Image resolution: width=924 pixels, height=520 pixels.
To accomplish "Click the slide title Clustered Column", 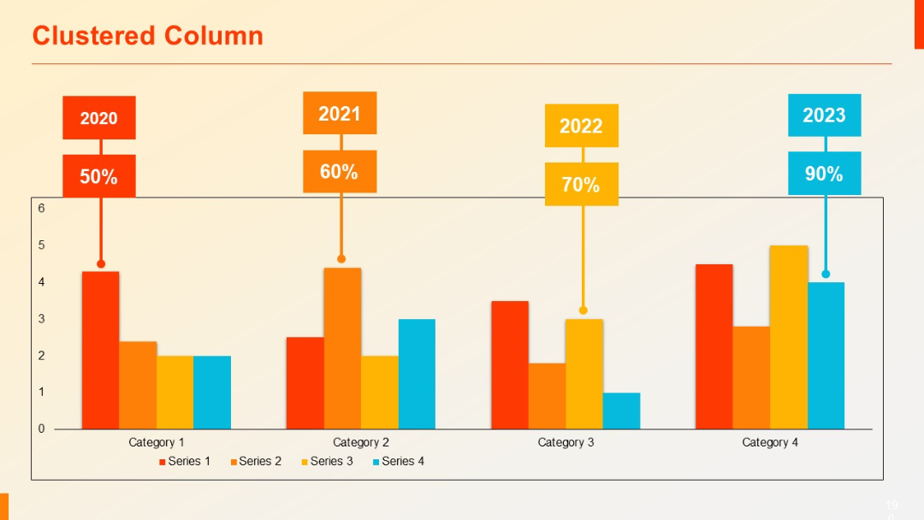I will pos(147,36).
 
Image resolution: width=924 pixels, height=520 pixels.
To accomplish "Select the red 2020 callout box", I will pos(99,118).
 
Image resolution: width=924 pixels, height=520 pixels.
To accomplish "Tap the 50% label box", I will pos(99,176).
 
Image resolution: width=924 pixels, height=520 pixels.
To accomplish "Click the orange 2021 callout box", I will pos(340,114).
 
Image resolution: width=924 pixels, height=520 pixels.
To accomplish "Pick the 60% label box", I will pos(340,171).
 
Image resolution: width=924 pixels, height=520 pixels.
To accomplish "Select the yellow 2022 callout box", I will pos(582,126).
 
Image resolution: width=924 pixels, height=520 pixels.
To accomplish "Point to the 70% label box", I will pos(582,184).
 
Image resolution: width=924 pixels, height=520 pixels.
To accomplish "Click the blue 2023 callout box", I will pos(824,115).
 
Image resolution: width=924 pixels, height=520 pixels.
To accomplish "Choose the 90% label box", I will pos(824,174).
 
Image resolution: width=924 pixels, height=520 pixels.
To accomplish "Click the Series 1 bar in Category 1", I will pos(100,351).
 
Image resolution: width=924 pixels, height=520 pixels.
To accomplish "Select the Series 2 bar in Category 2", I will pos(342,348).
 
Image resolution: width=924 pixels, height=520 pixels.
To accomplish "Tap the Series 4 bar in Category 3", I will pos(621,411).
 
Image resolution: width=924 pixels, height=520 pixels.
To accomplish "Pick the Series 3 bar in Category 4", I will pos(789,337).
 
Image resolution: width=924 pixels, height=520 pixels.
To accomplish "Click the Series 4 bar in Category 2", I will pos(417,374).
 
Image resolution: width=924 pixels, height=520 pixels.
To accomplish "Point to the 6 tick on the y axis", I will pos(41,208).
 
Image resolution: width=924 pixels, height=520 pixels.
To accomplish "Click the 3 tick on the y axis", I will pos(41,318).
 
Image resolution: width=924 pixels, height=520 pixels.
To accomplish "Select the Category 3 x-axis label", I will pos(566,442).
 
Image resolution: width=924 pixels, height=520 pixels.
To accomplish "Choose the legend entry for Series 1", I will pos(185,462).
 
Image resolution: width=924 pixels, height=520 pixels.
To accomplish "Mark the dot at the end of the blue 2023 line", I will pos(826,275).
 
